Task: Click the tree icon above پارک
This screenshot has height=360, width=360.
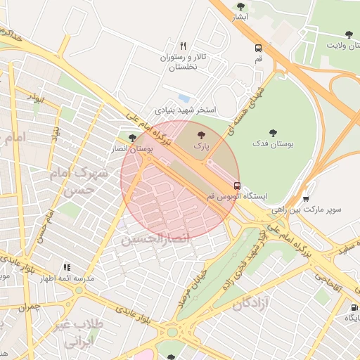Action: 202,134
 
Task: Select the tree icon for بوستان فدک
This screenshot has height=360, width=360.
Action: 272,132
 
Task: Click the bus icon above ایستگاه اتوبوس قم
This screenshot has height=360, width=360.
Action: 237,187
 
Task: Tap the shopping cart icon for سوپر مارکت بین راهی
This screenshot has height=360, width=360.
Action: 305,198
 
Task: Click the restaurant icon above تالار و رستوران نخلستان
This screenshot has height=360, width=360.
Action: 184,46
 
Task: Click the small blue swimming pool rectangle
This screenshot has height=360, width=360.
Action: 184,97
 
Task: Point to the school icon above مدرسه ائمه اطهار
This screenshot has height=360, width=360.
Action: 67,267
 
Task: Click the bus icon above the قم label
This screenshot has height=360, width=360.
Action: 259,49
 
